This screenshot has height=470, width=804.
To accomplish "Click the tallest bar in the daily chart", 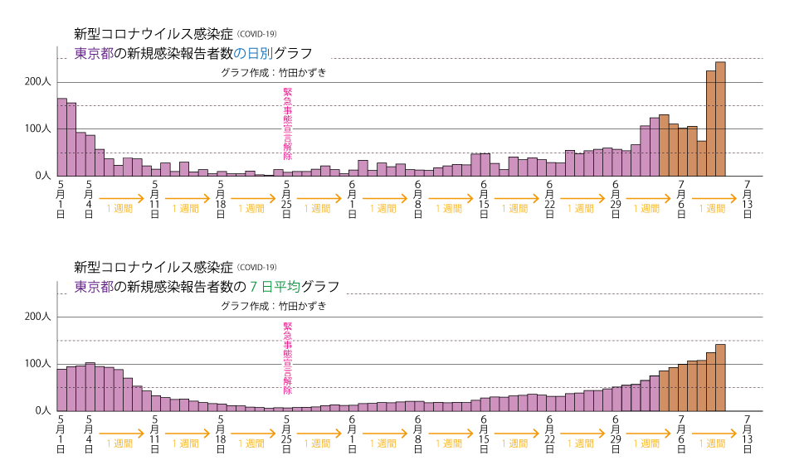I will pos(720,119).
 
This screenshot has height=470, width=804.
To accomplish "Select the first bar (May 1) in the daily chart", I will pos(61,137).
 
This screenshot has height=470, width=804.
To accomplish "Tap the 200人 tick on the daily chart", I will pos(37,82).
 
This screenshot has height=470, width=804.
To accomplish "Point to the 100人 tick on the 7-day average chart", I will pos(37,364).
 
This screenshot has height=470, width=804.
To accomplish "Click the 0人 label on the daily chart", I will pos(42,176).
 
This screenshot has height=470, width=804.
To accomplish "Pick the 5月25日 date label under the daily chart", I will pos(286,199).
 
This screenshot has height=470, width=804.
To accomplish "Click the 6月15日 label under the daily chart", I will pos(484,199).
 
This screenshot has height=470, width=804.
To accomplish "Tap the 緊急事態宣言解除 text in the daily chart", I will pos(288,124).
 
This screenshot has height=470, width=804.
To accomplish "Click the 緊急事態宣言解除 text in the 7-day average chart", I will pos(288,359).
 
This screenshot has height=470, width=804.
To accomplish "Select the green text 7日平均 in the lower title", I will pos(275,288).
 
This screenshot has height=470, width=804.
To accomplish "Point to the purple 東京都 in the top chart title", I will pos(93,54).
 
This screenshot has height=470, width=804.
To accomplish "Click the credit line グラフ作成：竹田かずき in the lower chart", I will pos(273,306).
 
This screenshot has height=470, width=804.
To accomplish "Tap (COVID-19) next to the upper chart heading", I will pos(256,34).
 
